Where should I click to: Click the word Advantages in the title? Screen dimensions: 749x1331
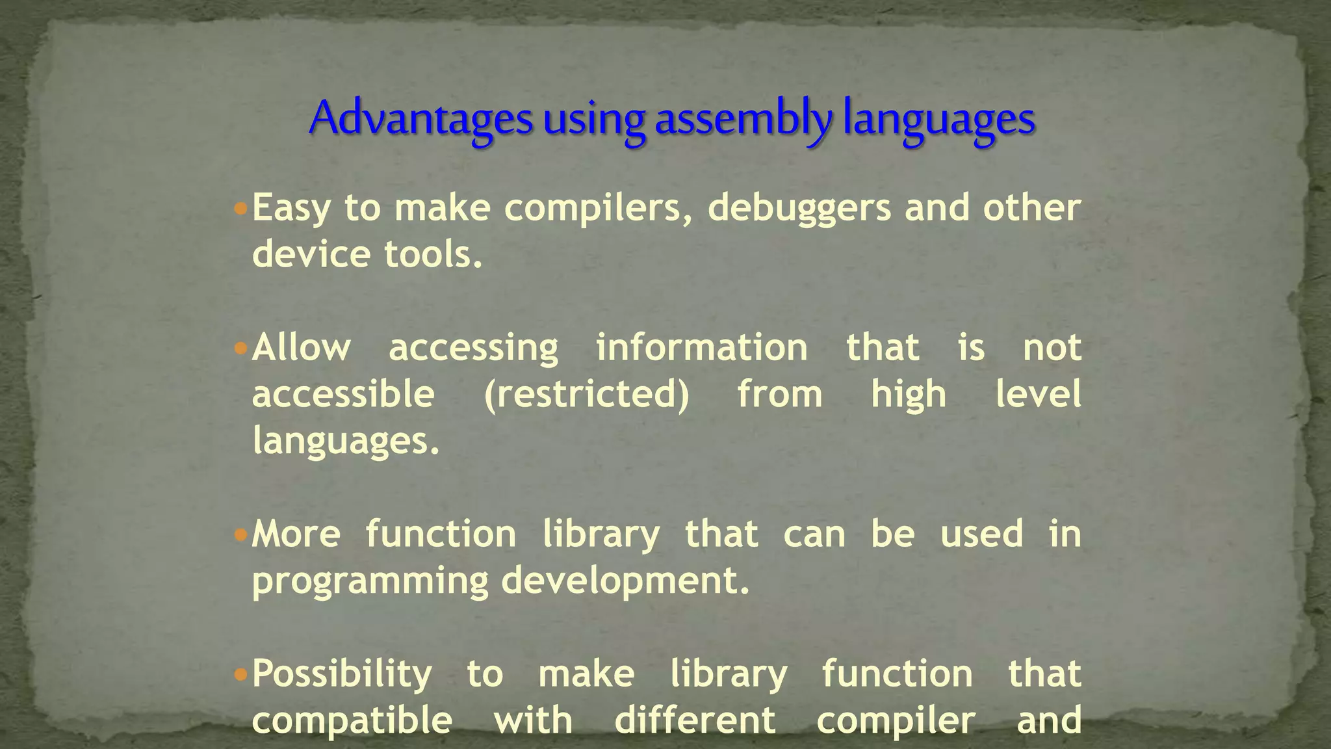click(x=420, y=119)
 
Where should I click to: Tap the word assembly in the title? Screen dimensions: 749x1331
click(x=743, y=119)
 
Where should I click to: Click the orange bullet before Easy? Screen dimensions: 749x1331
click(x=240, y=209)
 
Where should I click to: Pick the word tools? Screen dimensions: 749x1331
click(x=433, y=254)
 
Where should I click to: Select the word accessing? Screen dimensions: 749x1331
click(x=473, y=348)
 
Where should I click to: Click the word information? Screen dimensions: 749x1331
click(x=702, y=347)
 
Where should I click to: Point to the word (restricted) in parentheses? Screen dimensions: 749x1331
click(x=586, y=394)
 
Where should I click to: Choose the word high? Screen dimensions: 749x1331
click(x=909, y=394)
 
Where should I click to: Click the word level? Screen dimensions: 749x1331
click(x=1038, y=394)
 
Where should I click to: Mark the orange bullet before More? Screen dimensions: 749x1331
click(x=240, y=535)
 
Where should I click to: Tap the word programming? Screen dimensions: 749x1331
click(x=370, y=581)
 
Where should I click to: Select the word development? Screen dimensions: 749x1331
click(x=625, y=581)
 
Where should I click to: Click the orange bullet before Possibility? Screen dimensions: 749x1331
click(x=240, y=675)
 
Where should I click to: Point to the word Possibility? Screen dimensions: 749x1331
click(x=342, y=675)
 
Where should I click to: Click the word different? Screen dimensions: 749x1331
click(x=695, y=720)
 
